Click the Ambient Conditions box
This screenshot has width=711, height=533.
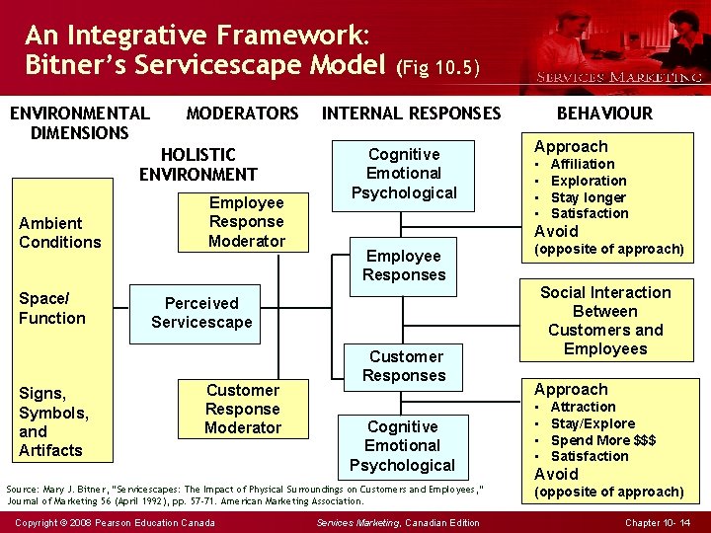point(59,232)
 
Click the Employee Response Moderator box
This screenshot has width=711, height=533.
point(247,222)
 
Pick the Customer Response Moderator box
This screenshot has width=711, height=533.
point(243,409)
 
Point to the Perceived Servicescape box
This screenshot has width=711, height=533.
point(201,313)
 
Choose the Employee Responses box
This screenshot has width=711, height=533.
point(404,266)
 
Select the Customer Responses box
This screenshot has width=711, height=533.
point(405,365)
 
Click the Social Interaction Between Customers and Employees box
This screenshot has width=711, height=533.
point(605,320)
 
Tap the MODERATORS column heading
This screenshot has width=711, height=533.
point(242,114)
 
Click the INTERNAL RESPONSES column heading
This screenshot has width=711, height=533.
point(412,114)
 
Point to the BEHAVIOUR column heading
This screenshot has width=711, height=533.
point(604,114)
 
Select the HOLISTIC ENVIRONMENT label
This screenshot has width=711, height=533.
point(197,165)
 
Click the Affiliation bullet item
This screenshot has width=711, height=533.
point(582,164)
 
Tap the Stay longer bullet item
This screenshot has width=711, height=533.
point(588,197)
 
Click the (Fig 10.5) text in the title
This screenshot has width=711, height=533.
point(437,68)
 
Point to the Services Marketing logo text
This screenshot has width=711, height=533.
point(618,77)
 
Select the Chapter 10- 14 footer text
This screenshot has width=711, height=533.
point(658,522)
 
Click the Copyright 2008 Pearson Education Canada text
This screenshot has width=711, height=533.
point(116,522)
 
